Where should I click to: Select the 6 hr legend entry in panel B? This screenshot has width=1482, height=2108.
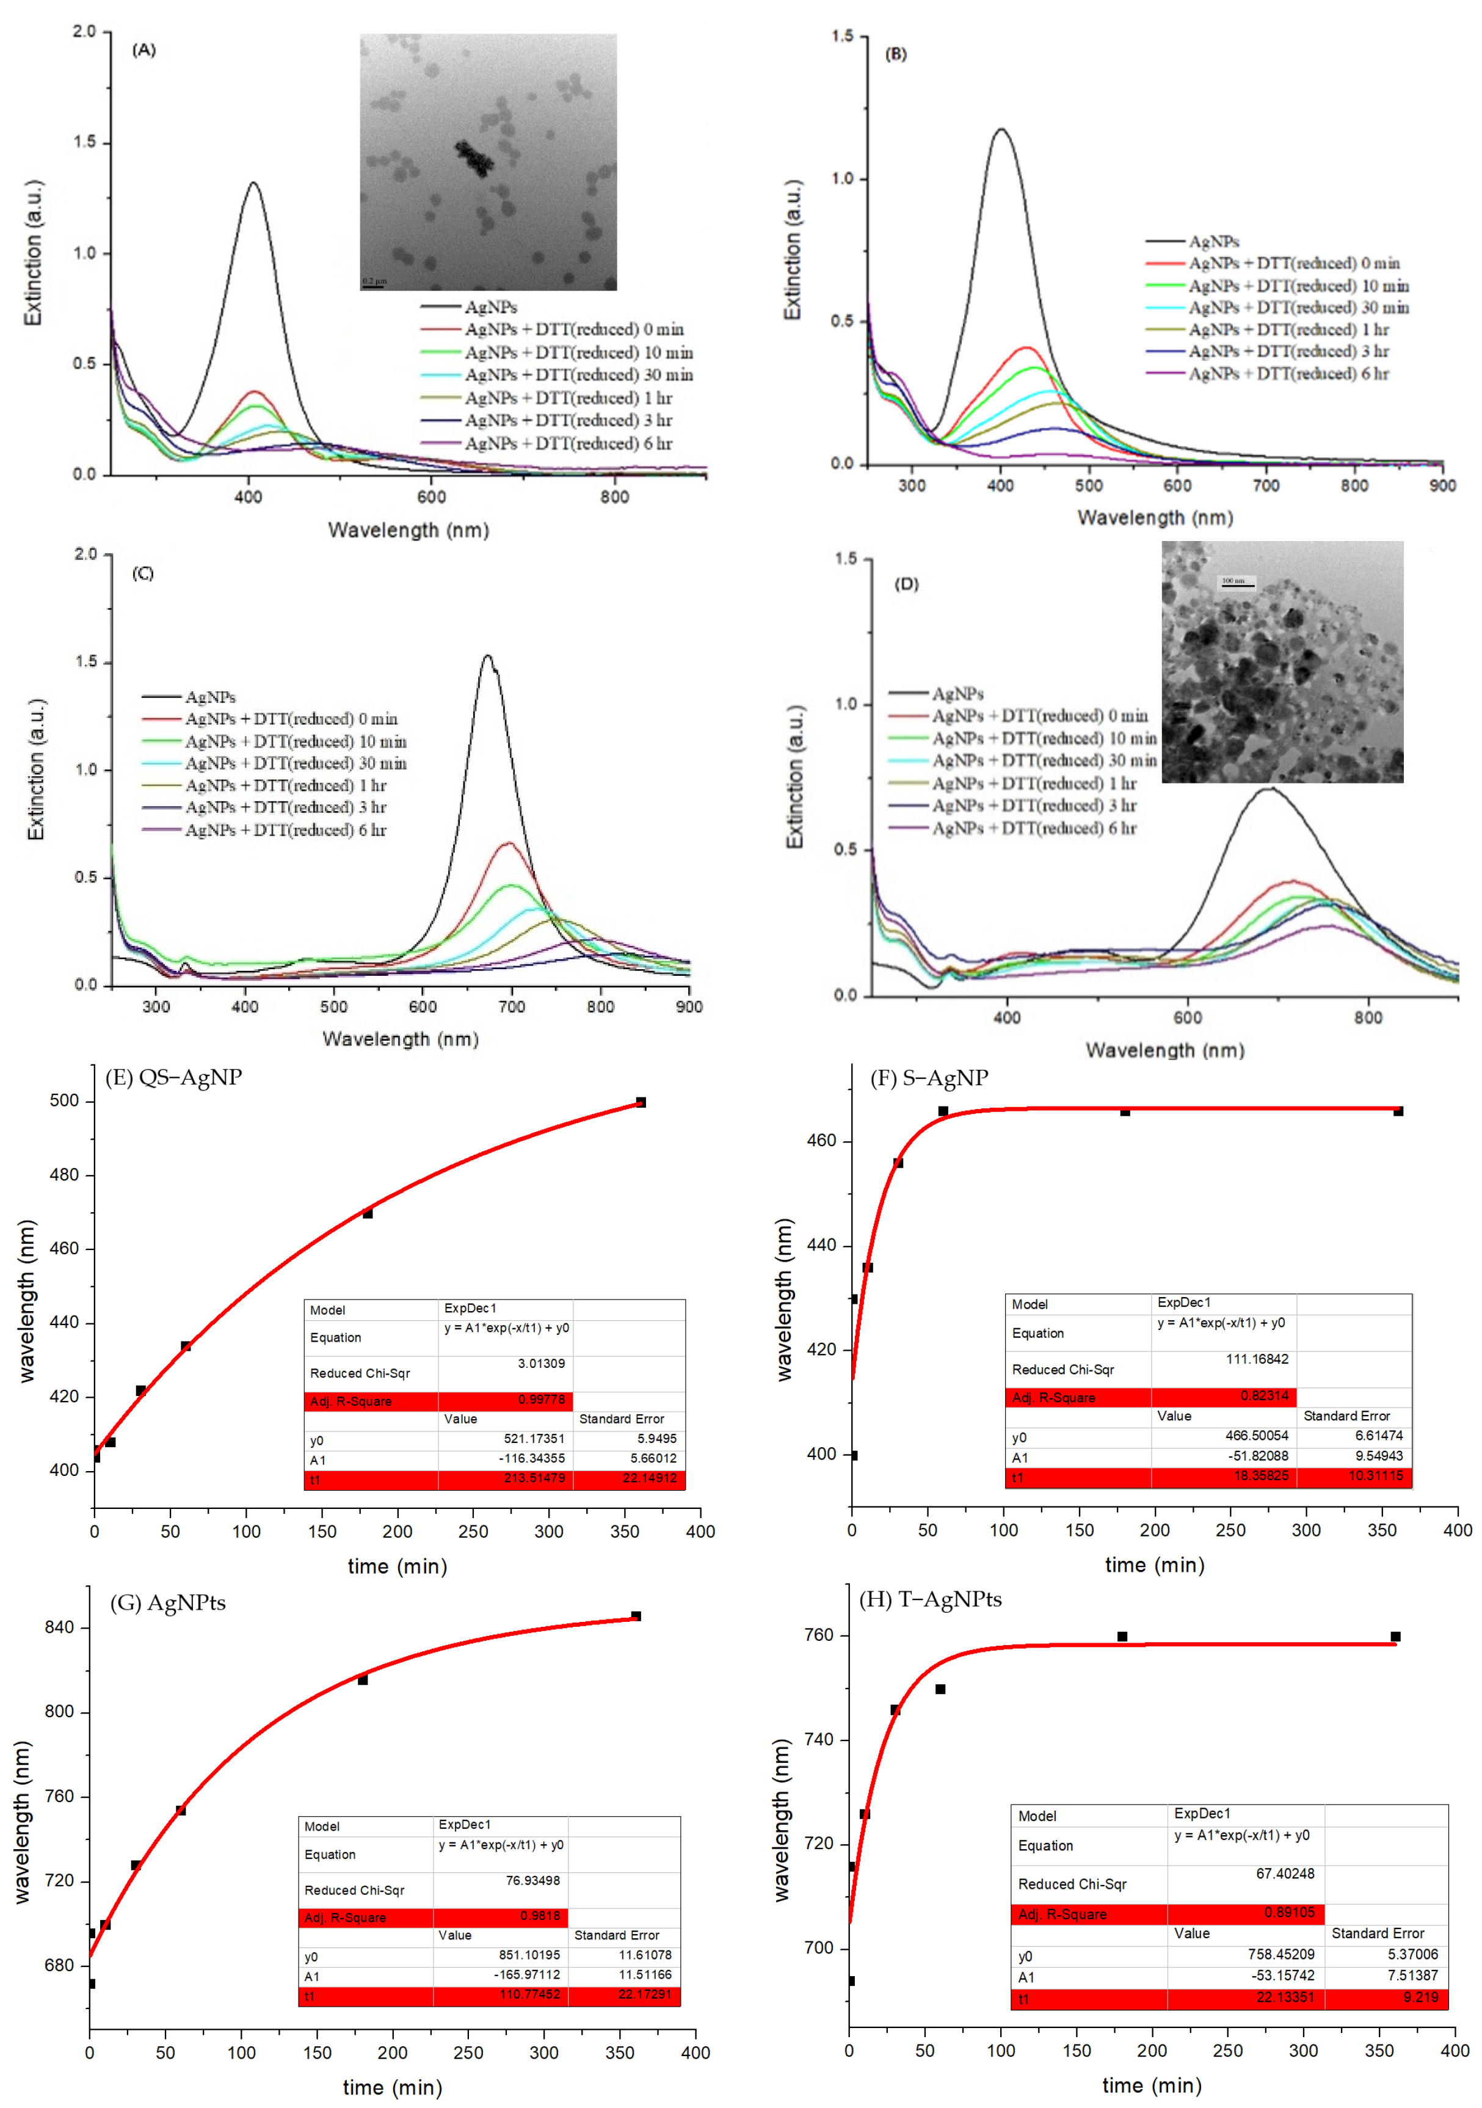tap(1288, 374)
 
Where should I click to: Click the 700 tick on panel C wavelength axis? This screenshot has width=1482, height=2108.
tap(512, 1007)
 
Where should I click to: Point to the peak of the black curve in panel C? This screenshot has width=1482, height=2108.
tap(487, 655)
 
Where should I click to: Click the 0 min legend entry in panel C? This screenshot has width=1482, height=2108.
tap(291, 719)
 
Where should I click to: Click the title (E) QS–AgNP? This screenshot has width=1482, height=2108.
tap(173, 1078)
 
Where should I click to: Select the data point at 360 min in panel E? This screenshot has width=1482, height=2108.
tap(641, 1102)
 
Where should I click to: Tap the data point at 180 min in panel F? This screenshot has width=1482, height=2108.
tap(1125, 1111)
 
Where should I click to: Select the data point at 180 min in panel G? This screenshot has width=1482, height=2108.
tap(363, 1680)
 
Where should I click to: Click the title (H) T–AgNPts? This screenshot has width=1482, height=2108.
tap(930, 1599)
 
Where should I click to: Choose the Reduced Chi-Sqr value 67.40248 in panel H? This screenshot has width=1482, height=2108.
tap(1285, 1873)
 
